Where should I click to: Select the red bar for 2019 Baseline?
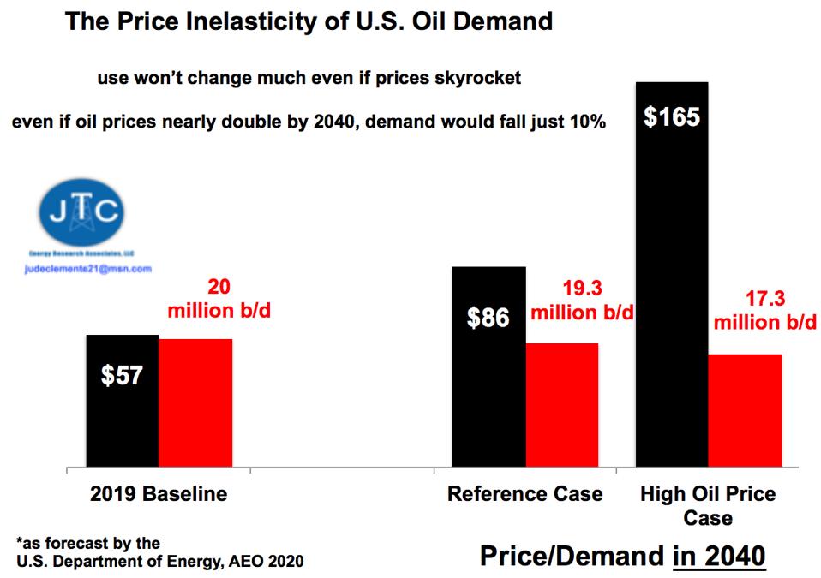pos(195,402)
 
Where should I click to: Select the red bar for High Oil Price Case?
pos(746,410)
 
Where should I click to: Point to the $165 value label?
pos(672,117)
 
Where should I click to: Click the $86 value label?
pos(488,319)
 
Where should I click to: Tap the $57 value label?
pos(122,376)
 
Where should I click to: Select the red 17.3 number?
pos(765,301)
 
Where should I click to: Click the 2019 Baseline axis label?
pos(159,494)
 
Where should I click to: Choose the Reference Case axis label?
pos(525,494)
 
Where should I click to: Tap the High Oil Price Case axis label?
pos(708,505)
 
